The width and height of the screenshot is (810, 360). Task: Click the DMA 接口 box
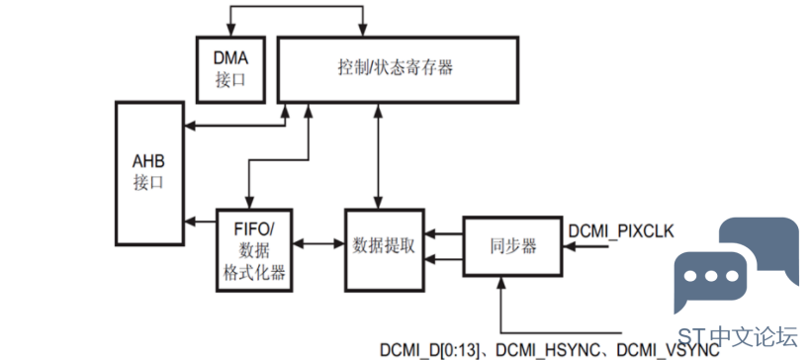point(230,69)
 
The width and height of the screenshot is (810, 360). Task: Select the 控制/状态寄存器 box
point(398,69)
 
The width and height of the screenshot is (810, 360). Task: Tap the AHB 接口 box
point(149,173)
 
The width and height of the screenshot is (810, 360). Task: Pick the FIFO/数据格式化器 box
point(254,250)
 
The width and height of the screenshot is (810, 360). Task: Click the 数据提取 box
point(385,249)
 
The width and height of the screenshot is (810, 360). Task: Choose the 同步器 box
point(512,247)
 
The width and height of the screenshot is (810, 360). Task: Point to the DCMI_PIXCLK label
point(621,230)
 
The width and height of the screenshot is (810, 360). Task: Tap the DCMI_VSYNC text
point(668,350)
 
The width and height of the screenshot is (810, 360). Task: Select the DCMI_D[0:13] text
point(430,350)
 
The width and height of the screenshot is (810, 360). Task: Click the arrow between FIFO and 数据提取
point(318,242)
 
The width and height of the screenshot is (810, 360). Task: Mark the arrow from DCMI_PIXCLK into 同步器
point(585,247)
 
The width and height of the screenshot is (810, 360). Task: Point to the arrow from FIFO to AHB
point(200,222)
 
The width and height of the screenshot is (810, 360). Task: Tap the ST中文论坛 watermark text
point(738,337)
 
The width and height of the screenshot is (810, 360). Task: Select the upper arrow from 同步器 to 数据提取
point(444,234)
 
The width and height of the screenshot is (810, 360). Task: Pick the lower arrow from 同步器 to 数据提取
point(444,259)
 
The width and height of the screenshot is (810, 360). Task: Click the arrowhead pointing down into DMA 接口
point(230,31)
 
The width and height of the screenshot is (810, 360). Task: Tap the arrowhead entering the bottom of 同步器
point(500,282)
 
